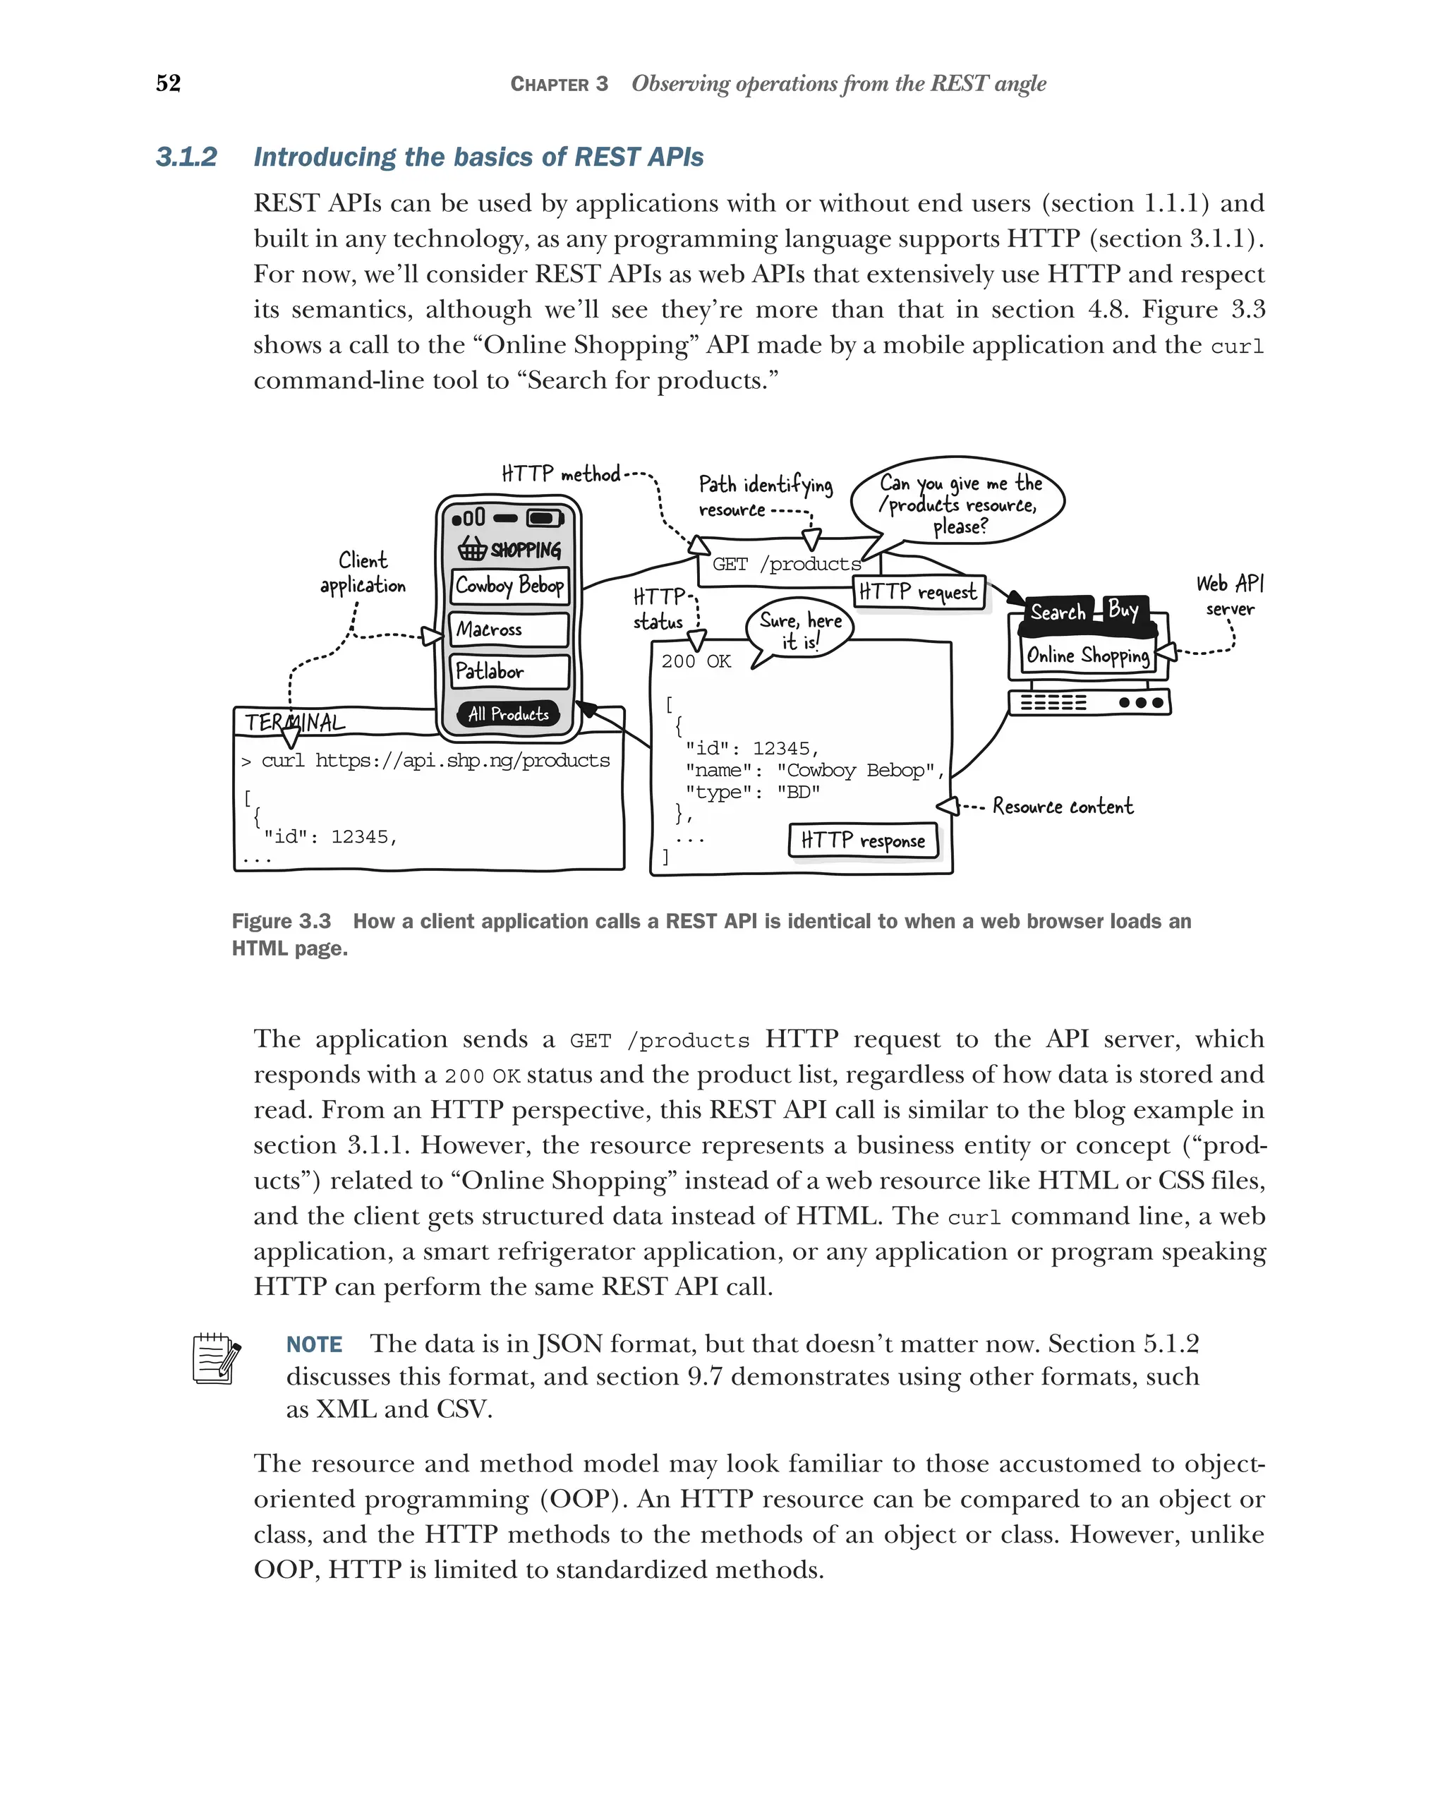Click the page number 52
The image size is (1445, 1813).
tap(168, 83)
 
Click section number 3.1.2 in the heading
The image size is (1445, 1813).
tap(186, 157)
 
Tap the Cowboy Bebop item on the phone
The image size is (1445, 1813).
tap(509, 585)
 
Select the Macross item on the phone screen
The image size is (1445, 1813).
tap(509, 629)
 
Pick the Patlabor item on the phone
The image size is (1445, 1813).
tap(509, 671)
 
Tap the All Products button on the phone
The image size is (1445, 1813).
tap(509, 714)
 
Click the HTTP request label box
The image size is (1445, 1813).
tap(918, 592)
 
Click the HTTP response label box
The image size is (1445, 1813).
tap(862, 840)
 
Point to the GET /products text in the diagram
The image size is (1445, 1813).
tap(786, 565)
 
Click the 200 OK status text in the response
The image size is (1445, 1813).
tap(696, 662)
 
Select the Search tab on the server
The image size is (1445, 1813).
tap(1058, 612)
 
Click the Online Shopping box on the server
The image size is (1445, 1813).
tap(1088, 656)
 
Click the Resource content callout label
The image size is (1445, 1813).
tap(1063, 807)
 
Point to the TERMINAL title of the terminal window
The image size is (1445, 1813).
tap(294, 723)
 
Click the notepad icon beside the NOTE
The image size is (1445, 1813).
tap(216, 1358)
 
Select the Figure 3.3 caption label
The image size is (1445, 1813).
tap(282, 922)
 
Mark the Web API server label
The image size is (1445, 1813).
tap(1229, 596)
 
